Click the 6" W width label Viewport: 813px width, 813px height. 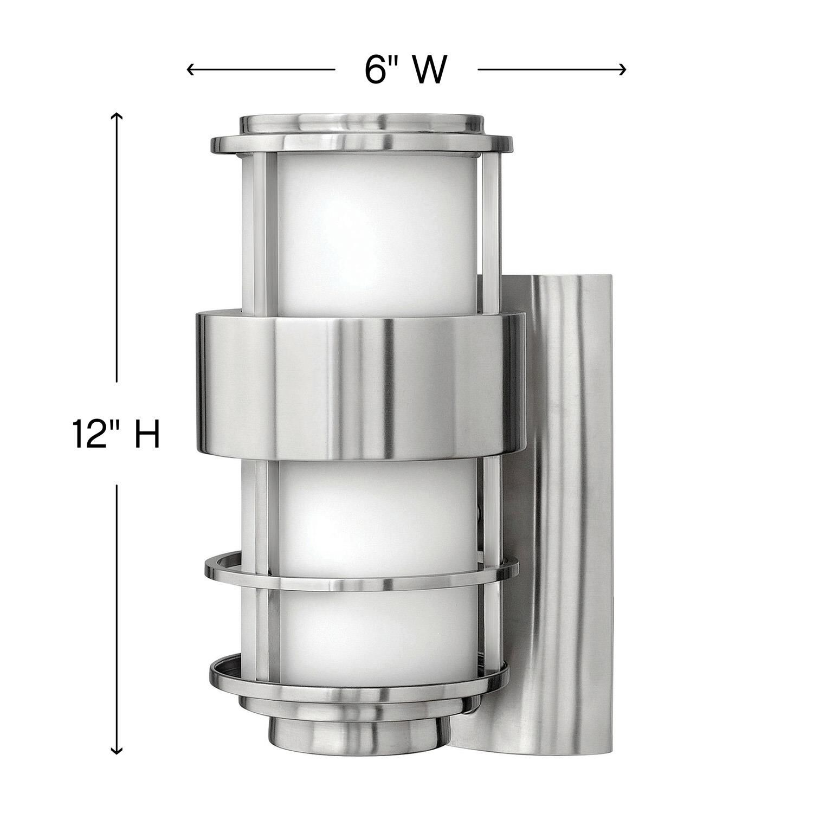405,69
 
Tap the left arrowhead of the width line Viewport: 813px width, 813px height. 190,69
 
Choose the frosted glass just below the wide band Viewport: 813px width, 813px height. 374,515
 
